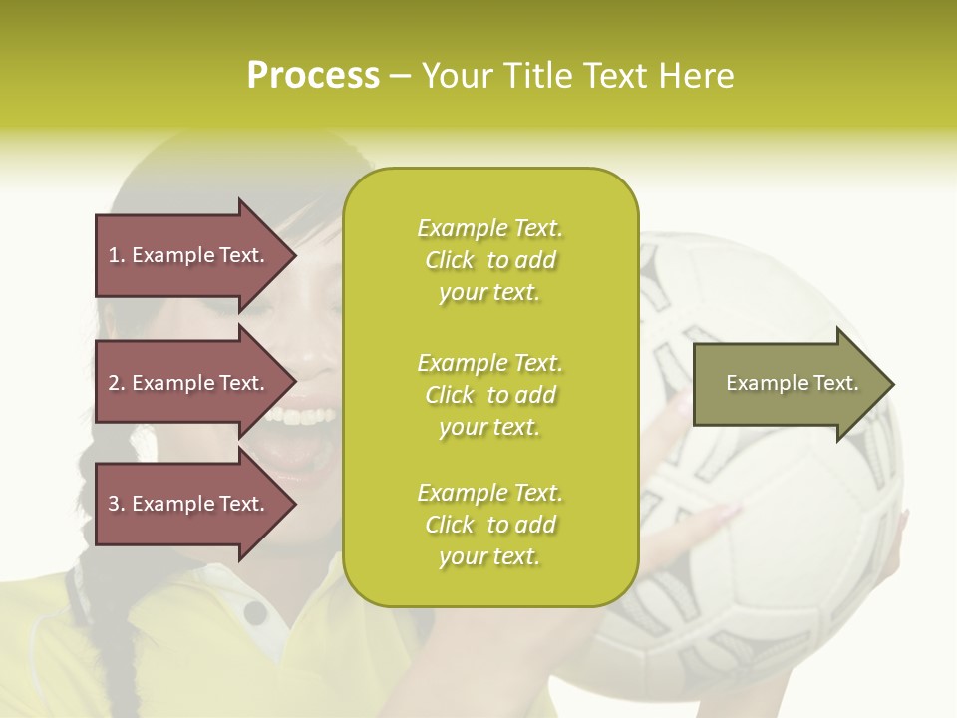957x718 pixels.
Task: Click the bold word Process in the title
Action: [x=313, y=76]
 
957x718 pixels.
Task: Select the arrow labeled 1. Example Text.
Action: [x=189, y=256]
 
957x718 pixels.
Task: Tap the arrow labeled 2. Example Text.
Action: [x=189, y=383]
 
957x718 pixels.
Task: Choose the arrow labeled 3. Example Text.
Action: [x=189, y=504]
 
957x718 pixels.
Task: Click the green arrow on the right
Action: [x=788, y=384]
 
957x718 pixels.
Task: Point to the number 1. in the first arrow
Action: [x=117, y=255]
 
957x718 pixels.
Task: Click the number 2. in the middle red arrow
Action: [x=117, y=383]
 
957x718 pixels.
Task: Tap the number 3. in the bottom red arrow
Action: [x=117, y=504]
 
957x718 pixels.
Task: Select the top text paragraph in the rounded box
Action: [x=489, y=260]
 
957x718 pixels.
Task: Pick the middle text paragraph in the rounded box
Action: [x=489, y=395]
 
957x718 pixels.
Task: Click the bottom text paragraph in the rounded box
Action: [x=489, y=525]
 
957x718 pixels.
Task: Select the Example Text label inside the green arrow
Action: [x=792, y=383]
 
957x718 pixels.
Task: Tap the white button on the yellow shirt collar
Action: [x=256, y=612]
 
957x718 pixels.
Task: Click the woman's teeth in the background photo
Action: [x=304, y=413]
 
